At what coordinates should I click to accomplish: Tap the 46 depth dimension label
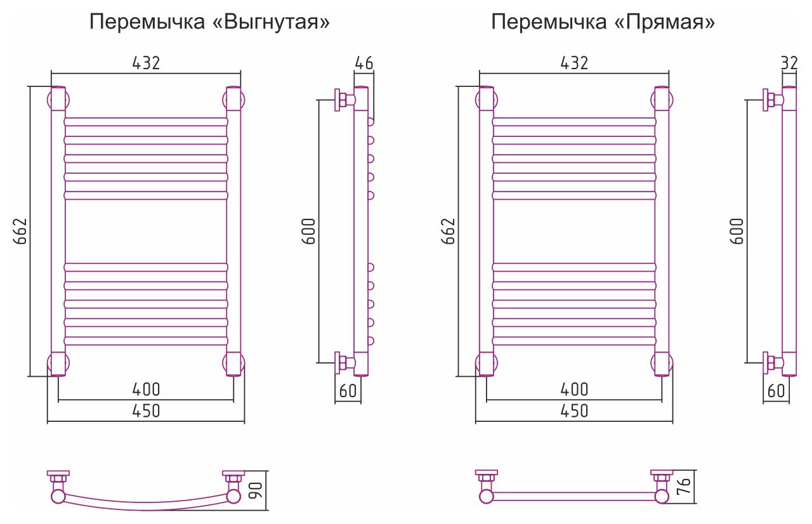pyautogui.click(x=364, y=63)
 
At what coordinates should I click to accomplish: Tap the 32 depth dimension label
pyautogui.click(x=790, y=63)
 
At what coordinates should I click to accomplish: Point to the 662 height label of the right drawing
pyautogui.click(x=448, y=232)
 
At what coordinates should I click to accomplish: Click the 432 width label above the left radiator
pyautogui.click(x=147, y=63)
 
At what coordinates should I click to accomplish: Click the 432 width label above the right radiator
pyautogui.click(x=575, y=63)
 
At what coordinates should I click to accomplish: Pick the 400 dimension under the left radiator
pyautogui.click(x=146, y=389)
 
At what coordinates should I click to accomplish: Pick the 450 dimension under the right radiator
pyautogui.click(x=575, y=410)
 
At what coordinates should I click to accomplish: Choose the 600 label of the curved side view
pyautogui.click(x=308, y=232)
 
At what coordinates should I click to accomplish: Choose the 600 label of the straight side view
pyautogui.click(x=737, y=232)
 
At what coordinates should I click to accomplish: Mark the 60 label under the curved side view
pyautogui.click(x=348, y=391)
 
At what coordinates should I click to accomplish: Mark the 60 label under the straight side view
pyautogui.click(x=776, y=391)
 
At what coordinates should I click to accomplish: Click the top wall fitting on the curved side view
pyautogui.click(x=344, y=100)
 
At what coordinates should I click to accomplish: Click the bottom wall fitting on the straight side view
pyautogui.click(x=772, y=364)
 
